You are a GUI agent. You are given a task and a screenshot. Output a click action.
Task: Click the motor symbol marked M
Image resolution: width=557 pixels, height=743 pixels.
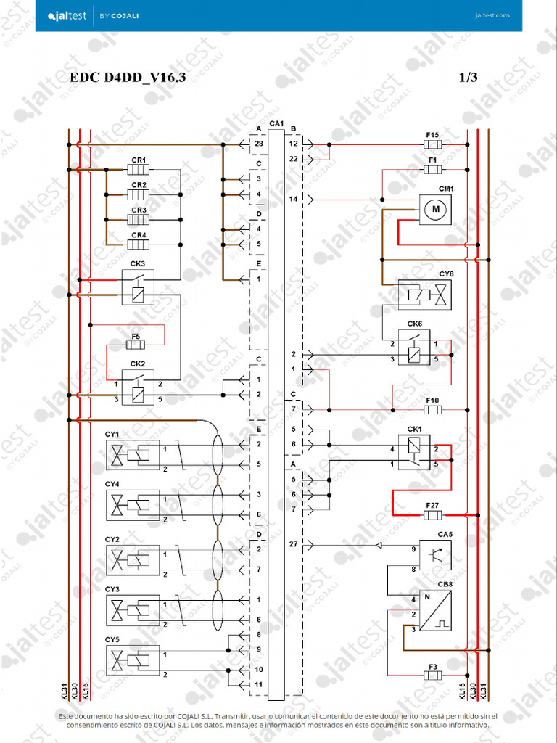coord(436,210)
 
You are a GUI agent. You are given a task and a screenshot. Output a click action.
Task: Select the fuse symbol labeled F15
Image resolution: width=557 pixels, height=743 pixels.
coord(433,145)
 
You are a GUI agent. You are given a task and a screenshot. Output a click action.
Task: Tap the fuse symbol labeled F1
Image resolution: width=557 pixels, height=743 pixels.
coord(433,170)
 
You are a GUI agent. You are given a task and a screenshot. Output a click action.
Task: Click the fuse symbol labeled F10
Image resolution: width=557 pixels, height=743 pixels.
coord(433,410)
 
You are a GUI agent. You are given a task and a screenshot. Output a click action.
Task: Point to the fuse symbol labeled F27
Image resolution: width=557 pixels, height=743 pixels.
coord(433,515)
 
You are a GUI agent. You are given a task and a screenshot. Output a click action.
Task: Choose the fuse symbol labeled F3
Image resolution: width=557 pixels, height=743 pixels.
coord(433,676)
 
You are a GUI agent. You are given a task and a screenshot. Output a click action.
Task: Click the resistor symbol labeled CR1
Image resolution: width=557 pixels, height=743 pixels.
coord(139,171)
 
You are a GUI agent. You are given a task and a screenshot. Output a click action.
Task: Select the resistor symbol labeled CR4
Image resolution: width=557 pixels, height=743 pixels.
coord(139,245)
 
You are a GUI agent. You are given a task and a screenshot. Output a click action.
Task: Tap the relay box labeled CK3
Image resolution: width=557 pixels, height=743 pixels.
coord(138,287)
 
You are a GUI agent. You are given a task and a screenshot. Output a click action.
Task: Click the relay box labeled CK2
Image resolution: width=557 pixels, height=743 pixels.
coord(138,387)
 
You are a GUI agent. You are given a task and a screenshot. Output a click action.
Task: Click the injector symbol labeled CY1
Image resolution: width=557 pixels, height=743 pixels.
coord(133,456)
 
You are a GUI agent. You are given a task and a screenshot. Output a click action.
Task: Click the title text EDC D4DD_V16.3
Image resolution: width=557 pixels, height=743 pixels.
coord(128,78)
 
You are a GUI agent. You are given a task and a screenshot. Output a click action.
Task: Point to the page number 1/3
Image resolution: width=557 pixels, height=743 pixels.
coord(469,78)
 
